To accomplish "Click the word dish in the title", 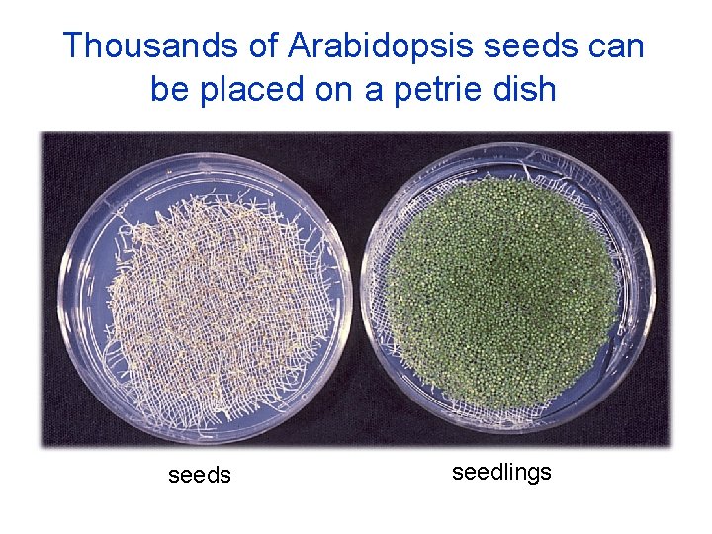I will tap(523, 90).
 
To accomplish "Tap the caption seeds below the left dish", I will tap(200, 476).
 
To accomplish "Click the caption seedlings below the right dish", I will tap(501, 473).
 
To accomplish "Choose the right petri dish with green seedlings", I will tap(508, 287).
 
